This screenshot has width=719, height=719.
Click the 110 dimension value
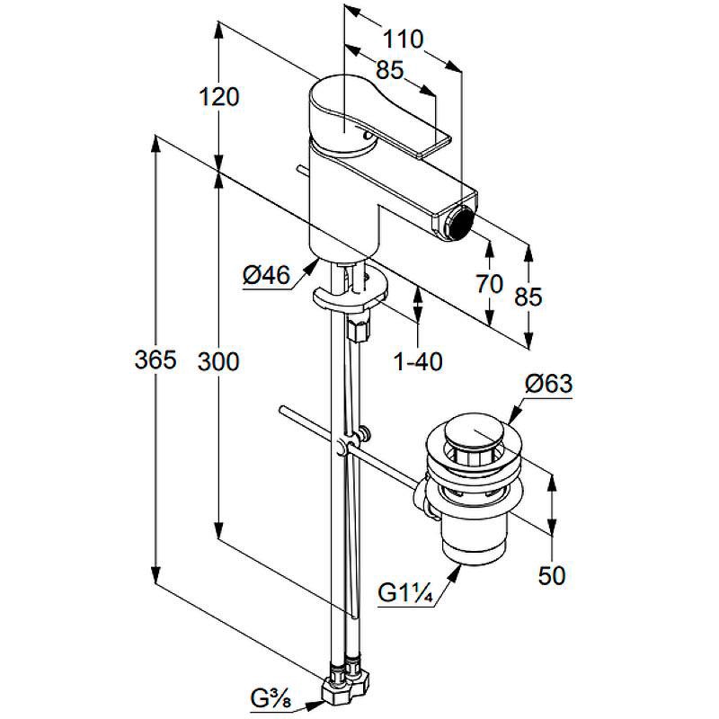coord(402,40)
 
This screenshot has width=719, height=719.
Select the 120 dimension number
coord(218,97)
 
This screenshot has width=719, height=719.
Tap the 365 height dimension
coord(155,359)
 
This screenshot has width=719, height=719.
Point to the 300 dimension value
coord(218,362)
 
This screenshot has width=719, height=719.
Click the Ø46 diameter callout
coord(266,276)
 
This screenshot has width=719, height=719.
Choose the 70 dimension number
coord(489,284)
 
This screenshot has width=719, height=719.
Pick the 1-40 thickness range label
coord(418,362)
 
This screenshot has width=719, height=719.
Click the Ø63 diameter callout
coord(549,384)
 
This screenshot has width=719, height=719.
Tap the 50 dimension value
coord(552,576)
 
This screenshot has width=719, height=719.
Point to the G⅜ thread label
coord(271,699)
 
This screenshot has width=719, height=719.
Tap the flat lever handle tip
coord(432,145)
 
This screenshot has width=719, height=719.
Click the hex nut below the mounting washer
coord(358,328)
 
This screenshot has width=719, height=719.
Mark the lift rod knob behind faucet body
coord(303,170)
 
